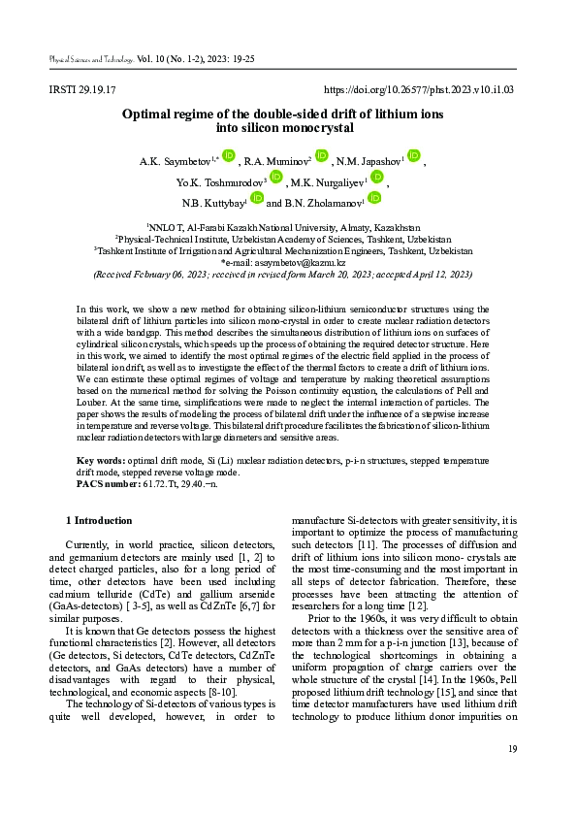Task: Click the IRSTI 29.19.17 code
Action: [82, 90]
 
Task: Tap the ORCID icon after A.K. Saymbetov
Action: [229, 155]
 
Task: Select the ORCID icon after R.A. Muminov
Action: [322, 155]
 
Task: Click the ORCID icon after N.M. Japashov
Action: [414, 155]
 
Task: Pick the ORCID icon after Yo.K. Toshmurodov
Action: [275, 177]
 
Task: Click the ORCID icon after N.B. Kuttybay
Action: [257, 198]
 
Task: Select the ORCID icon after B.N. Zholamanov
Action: [373, 198]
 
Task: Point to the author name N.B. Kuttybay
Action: [212, 204]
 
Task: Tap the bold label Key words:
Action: [100, 460]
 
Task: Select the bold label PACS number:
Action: [108, 481]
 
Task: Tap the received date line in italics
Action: [282, 275]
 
